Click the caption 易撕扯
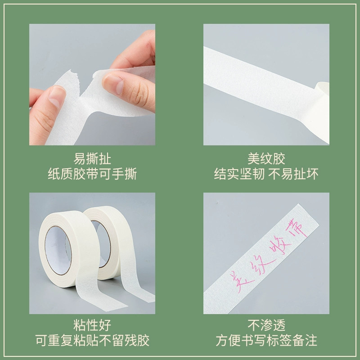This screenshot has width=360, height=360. click(x=92, y=158)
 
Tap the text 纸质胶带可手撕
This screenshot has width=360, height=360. click(x=92, y=174)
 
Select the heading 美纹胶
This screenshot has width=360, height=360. click(x=266, y=158)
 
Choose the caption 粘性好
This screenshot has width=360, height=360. click(x=92, y=324)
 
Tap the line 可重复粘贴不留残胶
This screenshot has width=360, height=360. click(x=92, y=340)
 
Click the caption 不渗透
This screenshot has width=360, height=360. click(x=266, y=324)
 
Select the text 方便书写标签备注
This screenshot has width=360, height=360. click(x=266, y=340)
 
